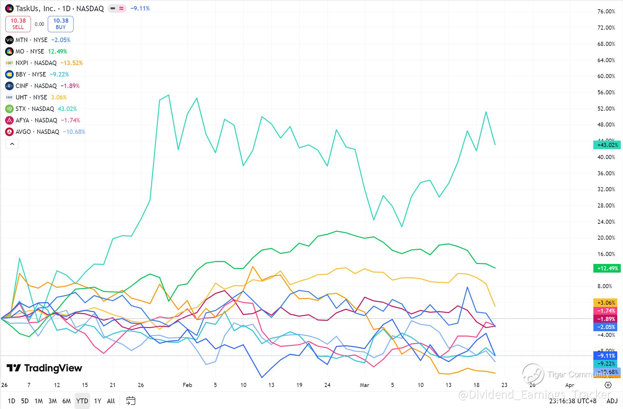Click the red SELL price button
pos(18,24)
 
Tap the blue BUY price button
pos(61,24)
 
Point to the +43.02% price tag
pos(607,145)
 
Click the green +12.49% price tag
pos(607,268)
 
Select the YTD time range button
pos(82,401)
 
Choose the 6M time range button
pos(66,401)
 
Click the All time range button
pos(111,401)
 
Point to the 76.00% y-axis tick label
pos(606,11)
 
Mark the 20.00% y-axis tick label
pos(606,238)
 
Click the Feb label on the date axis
pos(187,385)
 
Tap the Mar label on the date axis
pos(364,385)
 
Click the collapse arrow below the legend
pos(12,144)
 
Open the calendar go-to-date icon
pos(131,401)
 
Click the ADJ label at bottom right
pos(612,401)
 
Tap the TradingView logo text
pos(45,368)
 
